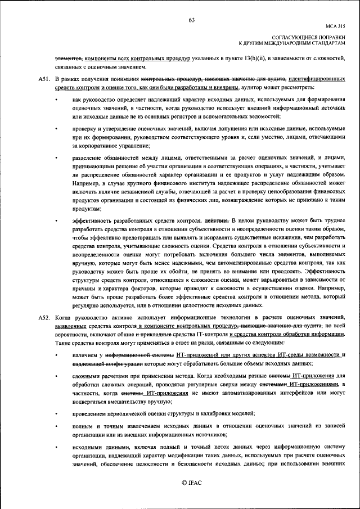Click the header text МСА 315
[335, 26]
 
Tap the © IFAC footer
[191, 483]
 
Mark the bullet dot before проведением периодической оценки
[56, 413]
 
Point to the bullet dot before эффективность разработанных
[56, 221]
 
